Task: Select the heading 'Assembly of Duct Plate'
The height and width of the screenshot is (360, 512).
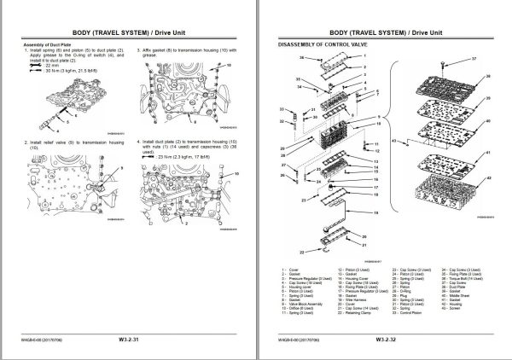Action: pyautogui.click(x=48, y=42)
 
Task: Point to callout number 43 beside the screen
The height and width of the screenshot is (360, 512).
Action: pyautogui.click(x=392, y=140)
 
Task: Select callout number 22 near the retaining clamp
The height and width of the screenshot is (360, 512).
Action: pyautogui.click(x=302, y=253)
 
